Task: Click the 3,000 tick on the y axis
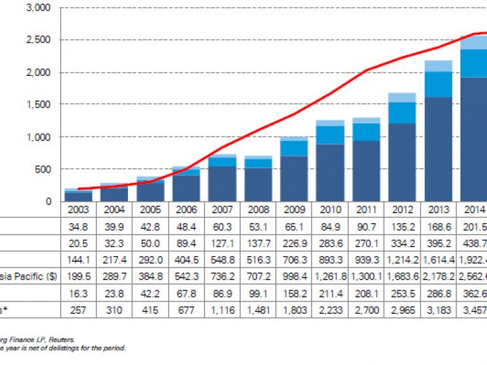click(40, 8)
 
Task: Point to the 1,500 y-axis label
click(40, 104)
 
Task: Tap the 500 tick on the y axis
click(45, 169)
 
